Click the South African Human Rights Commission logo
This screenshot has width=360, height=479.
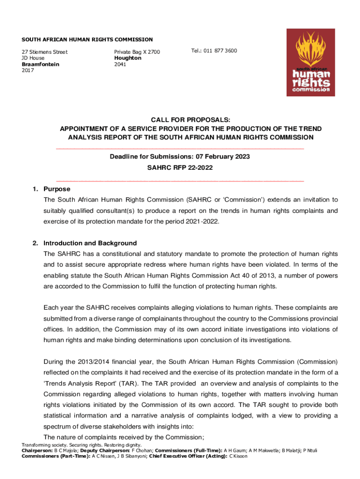310,62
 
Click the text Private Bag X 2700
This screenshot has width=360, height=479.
137,52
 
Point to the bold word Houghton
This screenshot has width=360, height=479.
128,58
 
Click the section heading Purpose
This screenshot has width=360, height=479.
57,189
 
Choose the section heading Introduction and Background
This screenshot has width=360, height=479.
90,243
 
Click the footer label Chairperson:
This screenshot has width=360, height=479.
38,450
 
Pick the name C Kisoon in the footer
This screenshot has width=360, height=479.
238,456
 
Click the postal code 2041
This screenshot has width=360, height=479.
120,64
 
